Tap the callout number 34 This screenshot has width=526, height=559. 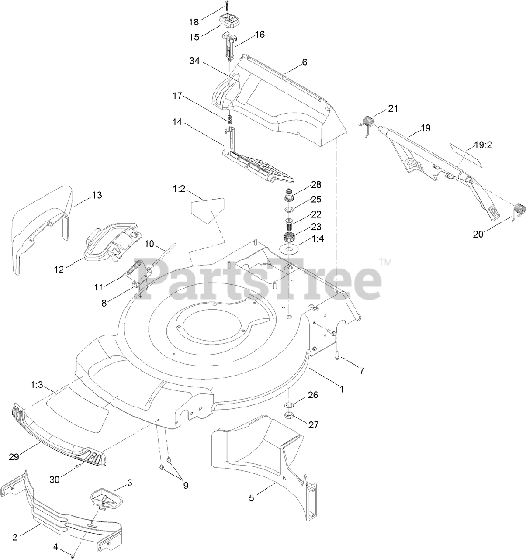point(194,61)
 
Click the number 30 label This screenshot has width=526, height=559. point(54,480)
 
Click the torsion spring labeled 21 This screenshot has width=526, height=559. point(367,120)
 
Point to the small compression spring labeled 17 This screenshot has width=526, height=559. point(228,119)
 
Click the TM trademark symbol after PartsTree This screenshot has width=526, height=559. point(385,262)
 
